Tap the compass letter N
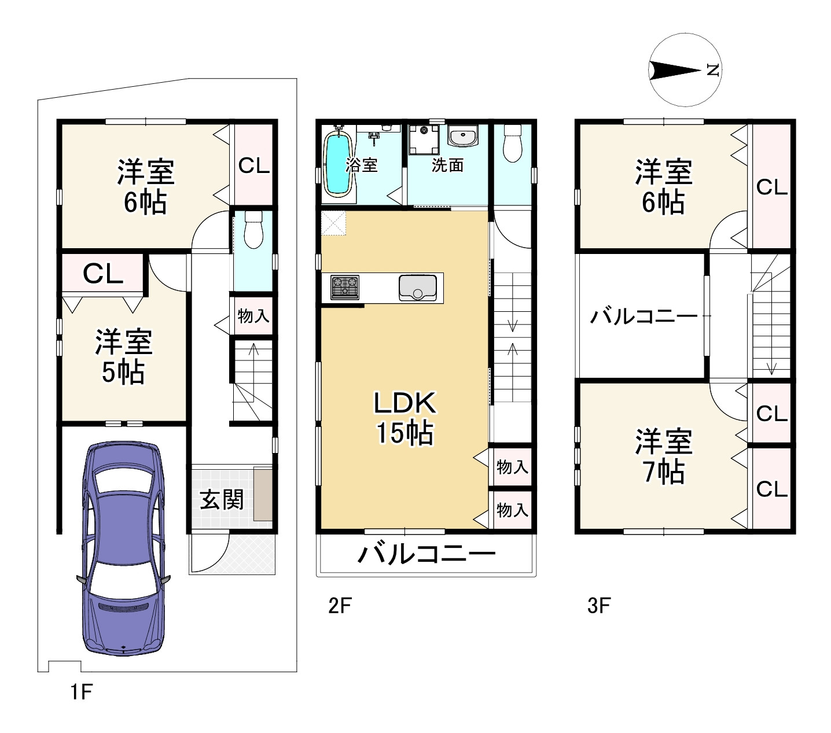pyautogui.click(x=713, y=70)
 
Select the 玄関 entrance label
pyautogui.click(x=222, y=499)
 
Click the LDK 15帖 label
pyautogui.click(x=405, y=418)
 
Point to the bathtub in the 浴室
pyautogui.click(x=339, y=164)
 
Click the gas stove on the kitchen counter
pyautogui.click(x=345, y=287)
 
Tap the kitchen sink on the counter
pyautogui.click(x=418, y=288)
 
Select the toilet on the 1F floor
pyautogui.click(x=253, y=230)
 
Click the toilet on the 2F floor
pyautogui.click(x=512, y=143)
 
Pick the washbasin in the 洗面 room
pyautogui.click(x=463, y=135)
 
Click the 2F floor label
pyautogui.click(x=340, y=605)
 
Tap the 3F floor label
pyautogui.click(x=599, y=605)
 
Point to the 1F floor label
pyautogui.click(x=81, y=691)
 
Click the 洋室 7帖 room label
pyautogui.click(x=664, y=456)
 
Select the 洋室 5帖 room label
pyautogui.click(x=123, y=356)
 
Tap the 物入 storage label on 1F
pyautogui.click(x=253, y=316)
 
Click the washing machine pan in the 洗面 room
pyautogui.click(x=424, y=139)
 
